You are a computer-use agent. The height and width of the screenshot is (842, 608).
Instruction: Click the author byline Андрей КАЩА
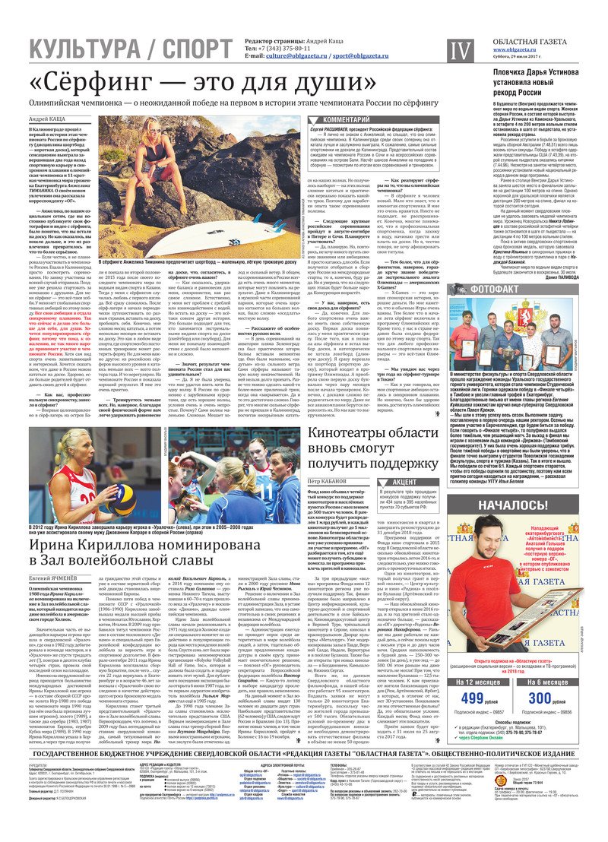46,120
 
